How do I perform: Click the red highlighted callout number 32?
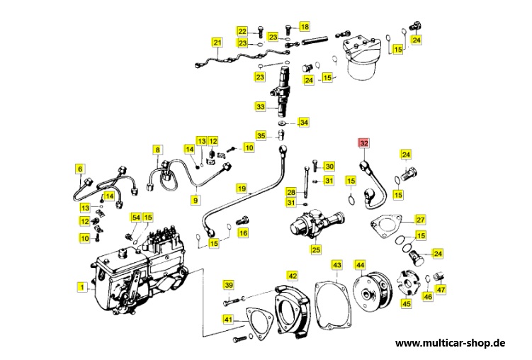click(364, 144)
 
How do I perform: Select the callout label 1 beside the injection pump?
click(81, 287)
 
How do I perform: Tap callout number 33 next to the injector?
click(261, 107)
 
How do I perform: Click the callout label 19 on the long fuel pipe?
click(242, 189)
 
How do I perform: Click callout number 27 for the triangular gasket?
click(420, 220)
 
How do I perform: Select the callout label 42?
click(293, 275)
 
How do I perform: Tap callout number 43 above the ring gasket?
click(337, 265)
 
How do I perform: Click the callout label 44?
click(360, 265)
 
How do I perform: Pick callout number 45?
click(406, 303)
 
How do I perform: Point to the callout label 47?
click(441, 289)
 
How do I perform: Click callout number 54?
click(135, 217)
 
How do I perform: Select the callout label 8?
click(157, 150)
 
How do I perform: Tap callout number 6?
click(80, 169)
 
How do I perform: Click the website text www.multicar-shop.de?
click(450, 342)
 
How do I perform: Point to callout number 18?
click(305, 27)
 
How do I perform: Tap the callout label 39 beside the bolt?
click(228, 285)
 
